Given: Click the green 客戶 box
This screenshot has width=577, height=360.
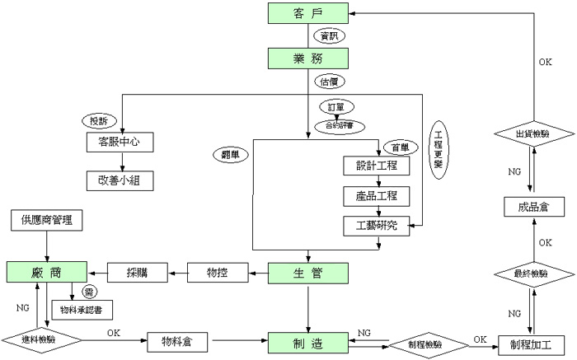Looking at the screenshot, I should (309, 14).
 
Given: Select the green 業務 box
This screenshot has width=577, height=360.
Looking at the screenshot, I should (309, 58).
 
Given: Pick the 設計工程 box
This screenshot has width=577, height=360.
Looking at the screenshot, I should (377, 165).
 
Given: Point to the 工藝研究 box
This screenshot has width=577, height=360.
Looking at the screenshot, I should (377, 225).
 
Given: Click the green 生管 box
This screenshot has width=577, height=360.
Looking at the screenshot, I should (309, 272).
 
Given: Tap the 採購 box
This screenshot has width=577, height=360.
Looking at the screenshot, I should (137, 272).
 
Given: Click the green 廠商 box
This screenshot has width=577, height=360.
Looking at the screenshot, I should (47, 272).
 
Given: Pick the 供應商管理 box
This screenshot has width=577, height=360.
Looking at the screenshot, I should (47, 221).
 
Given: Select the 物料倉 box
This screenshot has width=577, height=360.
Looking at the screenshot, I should (177, 340).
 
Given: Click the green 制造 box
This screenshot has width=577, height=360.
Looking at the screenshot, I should (309, 340).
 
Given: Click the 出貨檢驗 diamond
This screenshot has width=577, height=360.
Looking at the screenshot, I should (532, 133).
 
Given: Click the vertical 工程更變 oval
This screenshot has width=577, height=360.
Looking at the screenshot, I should (438, 150).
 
